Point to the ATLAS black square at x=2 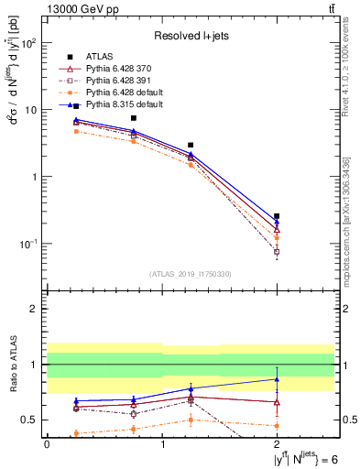click(x=277, y=216)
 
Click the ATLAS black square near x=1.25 click(x=191, y=145)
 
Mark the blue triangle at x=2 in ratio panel click(x=277, y=378)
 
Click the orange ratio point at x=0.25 click(x=76, y=433)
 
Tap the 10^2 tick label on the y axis click(x=28, y=43)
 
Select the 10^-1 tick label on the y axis click(x=28, y=244)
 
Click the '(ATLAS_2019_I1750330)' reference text click(x=191, y=273)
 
